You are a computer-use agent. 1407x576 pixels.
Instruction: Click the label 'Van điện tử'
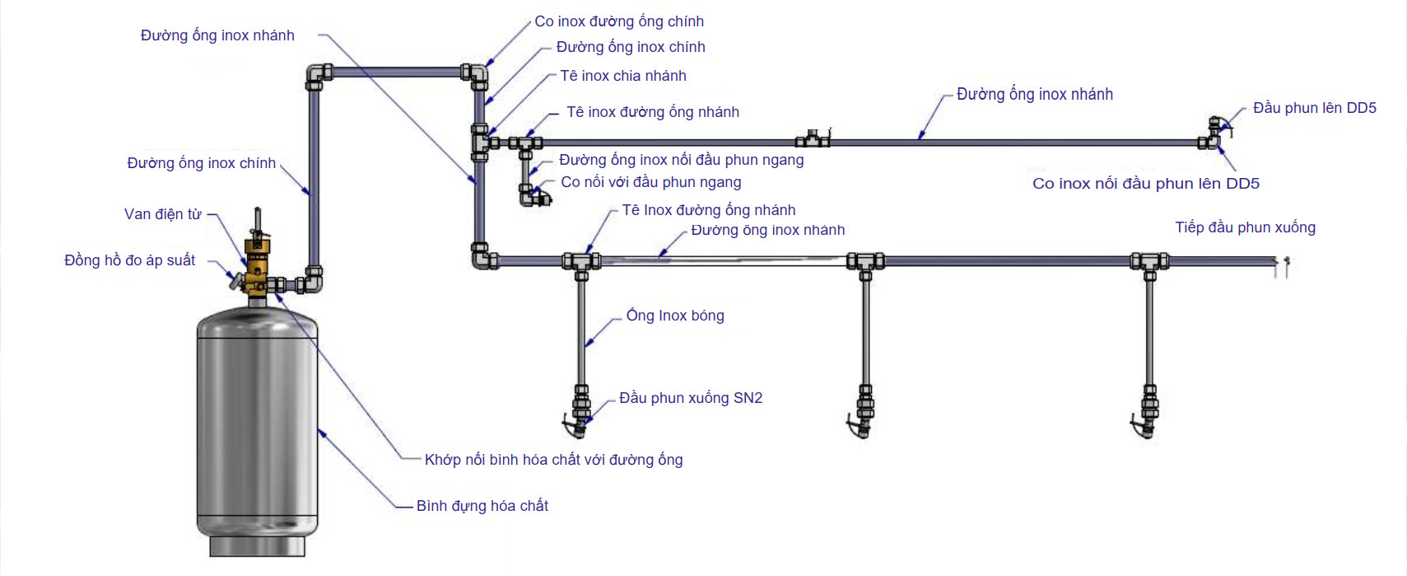coord(162,214)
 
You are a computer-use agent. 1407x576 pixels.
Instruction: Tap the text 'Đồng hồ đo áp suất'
coord(129,260)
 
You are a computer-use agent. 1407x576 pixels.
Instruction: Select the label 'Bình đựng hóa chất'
coord(482,506)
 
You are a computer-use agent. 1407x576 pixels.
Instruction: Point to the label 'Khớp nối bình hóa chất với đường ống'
coord(553,460)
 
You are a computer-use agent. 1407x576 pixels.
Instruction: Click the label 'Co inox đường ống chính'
coord(619,21)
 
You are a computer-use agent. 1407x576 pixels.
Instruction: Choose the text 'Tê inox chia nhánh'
coord(623,76)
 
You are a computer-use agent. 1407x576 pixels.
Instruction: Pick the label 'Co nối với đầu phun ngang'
coord(650,182)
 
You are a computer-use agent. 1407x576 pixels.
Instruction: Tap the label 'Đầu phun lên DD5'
coord(1314,108)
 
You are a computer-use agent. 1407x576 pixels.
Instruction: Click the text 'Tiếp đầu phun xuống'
coord(1245,227)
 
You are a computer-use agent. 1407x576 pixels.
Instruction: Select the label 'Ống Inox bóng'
coord(675,316)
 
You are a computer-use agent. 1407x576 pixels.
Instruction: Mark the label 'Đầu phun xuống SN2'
coord(691,398)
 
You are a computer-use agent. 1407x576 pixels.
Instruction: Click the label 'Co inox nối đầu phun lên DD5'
coord(1145,184)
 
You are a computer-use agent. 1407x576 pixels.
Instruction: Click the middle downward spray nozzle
coord(864,412)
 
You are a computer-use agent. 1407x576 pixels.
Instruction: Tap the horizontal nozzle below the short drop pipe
coord(535,197)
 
